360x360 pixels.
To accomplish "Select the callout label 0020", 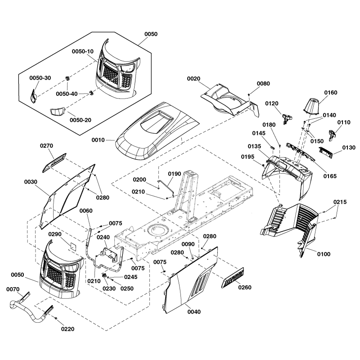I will (193, 78).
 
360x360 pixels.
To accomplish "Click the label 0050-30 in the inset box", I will (40, 78).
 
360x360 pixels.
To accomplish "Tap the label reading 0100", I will (323, 254).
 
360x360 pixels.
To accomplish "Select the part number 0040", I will (194, 312).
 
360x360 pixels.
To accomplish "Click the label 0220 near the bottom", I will (67, 329).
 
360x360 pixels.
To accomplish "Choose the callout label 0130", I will (348, 148).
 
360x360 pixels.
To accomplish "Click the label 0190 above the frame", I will (174, 174).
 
